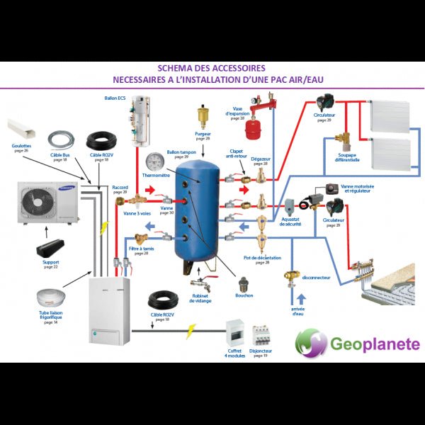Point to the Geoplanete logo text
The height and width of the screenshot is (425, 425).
[375, 345]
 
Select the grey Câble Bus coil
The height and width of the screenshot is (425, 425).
[62, 140]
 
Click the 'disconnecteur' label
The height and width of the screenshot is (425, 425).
[316, 278]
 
